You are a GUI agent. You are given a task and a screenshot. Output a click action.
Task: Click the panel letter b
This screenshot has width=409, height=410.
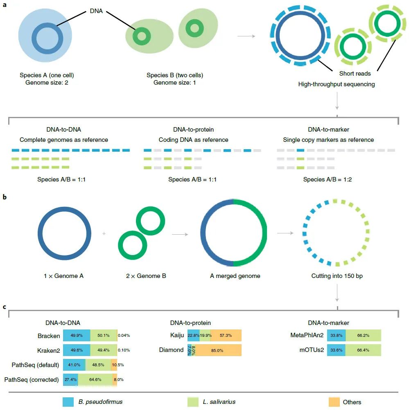(x=5, y=197)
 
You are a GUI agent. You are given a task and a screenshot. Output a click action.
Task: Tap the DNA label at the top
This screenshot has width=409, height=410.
(x=97, y=12)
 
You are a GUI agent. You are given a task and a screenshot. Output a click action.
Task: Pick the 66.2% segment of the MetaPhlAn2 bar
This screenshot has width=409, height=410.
(x=364, y=336)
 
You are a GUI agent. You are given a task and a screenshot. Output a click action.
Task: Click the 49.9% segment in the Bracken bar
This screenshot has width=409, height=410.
(x=77, y=336)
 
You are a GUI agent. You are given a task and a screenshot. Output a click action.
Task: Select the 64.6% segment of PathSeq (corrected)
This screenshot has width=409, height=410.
(x=95, y=379)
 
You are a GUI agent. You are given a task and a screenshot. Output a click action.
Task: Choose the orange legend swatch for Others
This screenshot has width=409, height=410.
(x=334, y=402)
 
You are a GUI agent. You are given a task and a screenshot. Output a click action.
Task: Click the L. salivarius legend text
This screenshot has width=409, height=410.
(x=219, y=402)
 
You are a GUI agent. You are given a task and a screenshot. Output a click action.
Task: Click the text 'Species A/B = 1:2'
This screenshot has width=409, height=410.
(x=328, y=179)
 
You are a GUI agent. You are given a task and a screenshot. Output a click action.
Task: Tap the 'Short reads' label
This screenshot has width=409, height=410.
(x=355, y=74)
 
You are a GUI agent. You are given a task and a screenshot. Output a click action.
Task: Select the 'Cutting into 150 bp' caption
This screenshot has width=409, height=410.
(x=337, y=276)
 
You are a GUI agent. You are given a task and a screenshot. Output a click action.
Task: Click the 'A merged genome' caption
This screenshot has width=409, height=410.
(x=235, y=276)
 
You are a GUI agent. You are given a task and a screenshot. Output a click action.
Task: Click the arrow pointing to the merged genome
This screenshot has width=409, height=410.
(x=180, y=234)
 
